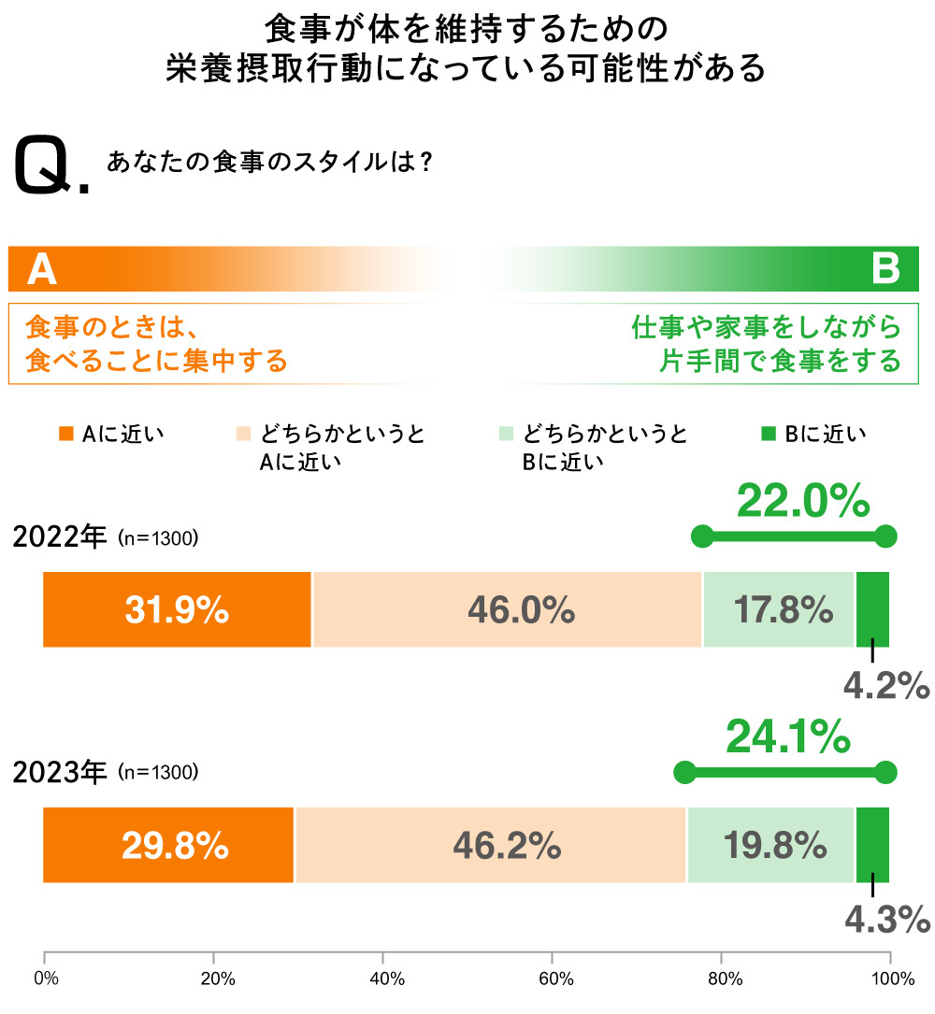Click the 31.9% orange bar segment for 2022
(177, 609)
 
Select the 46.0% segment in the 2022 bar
(507, 609)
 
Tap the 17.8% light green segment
(779, 609)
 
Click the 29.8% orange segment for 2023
(168, 845)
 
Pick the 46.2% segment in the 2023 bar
(491, 845)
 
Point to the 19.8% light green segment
(771, 845)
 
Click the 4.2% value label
(885, 686)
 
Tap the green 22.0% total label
(803, 501)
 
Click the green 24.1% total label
(787, 737)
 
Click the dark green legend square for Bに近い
(769, 434)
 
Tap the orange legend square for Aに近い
(65, 434)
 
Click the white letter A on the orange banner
(42, 269)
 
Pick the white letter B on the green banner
(885, 269)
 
